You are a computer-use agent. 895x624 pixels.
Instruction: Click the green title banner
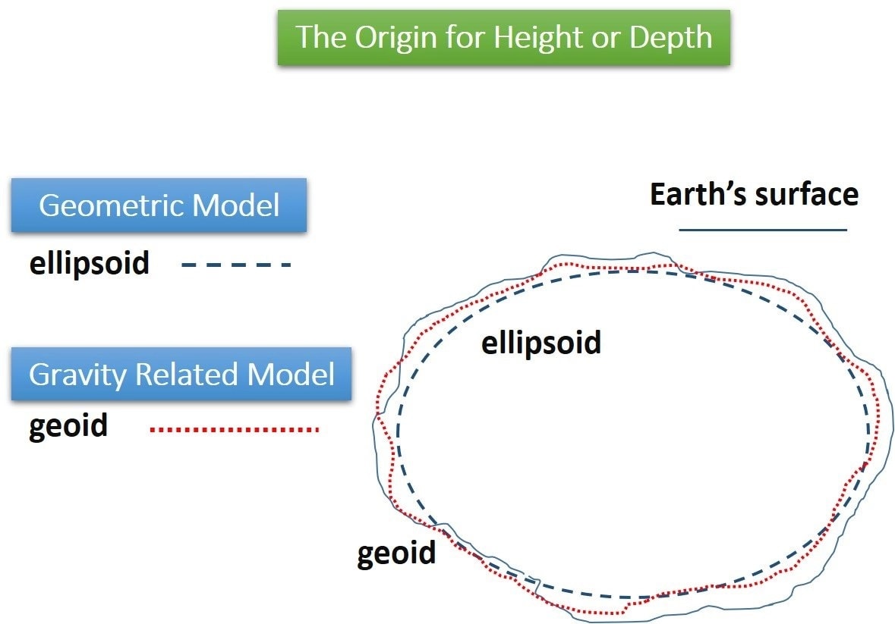point(503,37)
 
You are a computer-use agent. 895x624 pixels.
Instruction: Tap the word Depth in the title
point(672,37)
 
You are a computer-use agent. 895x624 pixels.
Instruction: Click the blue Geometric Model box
point(159,205)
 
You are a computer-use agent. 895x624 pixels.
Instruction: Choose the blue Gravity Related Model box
point(181,374)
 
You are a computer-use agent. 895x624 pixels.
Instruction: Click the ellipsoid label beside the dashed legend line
point(89,264)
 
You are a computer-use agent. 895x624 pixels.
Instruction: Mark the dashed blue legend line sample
point(236,265)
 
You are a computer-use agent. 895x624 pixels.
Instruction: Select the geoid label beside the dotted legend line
point(68,426)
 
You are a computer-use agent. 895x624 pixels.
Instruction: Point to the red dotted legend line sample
point(235,430)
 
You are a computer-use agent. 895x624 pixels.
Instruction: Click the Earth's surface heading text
point(754,194)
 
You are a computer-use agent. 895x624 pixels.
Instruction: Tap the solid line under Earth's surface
point(762,229)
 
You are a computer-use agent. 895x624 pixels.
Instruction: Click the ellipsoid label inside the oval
point(540,343)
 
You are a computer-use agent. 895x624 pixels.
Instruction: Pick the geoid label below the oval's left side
point(396,553)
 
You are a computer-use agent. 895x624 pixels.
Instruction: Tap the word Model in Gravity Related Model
point(292,374)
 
